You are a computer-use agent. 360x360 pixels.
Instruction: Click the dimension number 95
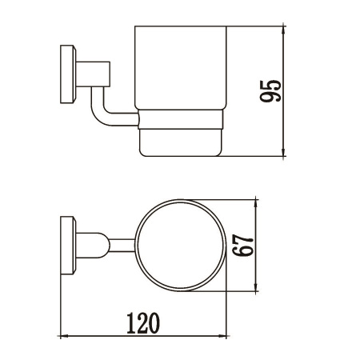click(270, 90)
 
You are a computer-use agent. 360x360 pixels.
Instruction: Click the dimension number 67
click(242, 246)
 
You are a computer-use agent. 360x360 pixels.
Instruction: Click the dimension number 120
click(143, 323)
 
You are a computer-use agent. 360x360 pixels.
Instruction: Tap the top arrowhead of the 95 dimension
click(284, 30)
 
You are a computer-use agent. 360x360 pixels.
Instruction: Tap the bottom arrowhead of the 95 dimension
click(284, 152)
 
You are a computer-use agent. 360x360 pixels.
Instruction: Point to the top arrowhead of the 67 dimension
click(256, 204)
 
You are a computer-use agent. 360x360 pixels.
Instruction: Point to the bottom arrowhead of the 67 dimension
click(256, 286)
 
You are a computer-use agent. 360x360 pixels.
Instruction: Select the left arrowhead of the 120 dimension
click(66, 336)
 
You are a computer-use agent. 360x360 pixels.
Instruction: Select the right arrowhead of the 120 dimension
click(222, 336)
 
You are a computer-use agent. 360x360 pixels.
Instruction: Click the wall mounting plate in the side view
click(68, 74)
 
